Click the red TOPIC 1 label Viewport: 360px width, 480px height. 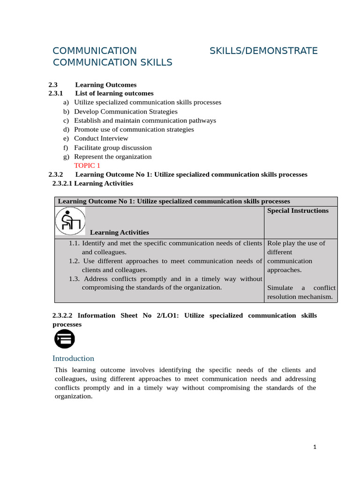(87, 165)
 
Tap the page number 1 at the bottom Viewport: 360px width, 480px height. (315, 447)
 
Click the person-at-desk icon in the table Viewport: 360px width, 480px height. (70, 221)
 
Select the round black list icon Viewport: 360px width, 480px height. (64, 338)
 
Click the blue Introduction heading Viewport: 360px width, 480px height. (74, 359)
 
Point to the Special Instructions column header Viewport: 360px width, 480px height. (298, 210)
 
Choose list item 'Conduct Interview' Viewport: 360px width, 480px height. (101, 138)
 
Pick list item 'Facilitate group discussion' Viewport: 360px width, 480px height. (113, 148)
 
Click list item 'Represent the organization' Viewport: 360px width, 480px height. (113, 157)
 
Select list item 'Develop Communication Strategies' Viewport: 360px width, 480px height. (126, 112)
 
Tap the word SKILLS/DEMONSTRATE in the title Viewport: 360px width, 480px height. (263, 51)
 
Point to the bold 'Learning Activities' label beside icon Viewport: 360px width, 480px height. (120, 232)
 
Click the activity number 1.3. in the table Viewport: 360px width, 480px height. (75, 278)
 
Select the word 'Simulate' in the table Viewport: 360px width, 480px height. (280, 288)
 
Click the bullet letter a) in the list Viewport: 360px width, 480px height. (66, 102)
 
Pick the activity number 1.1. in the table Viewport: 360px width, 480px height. (75, 243)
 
